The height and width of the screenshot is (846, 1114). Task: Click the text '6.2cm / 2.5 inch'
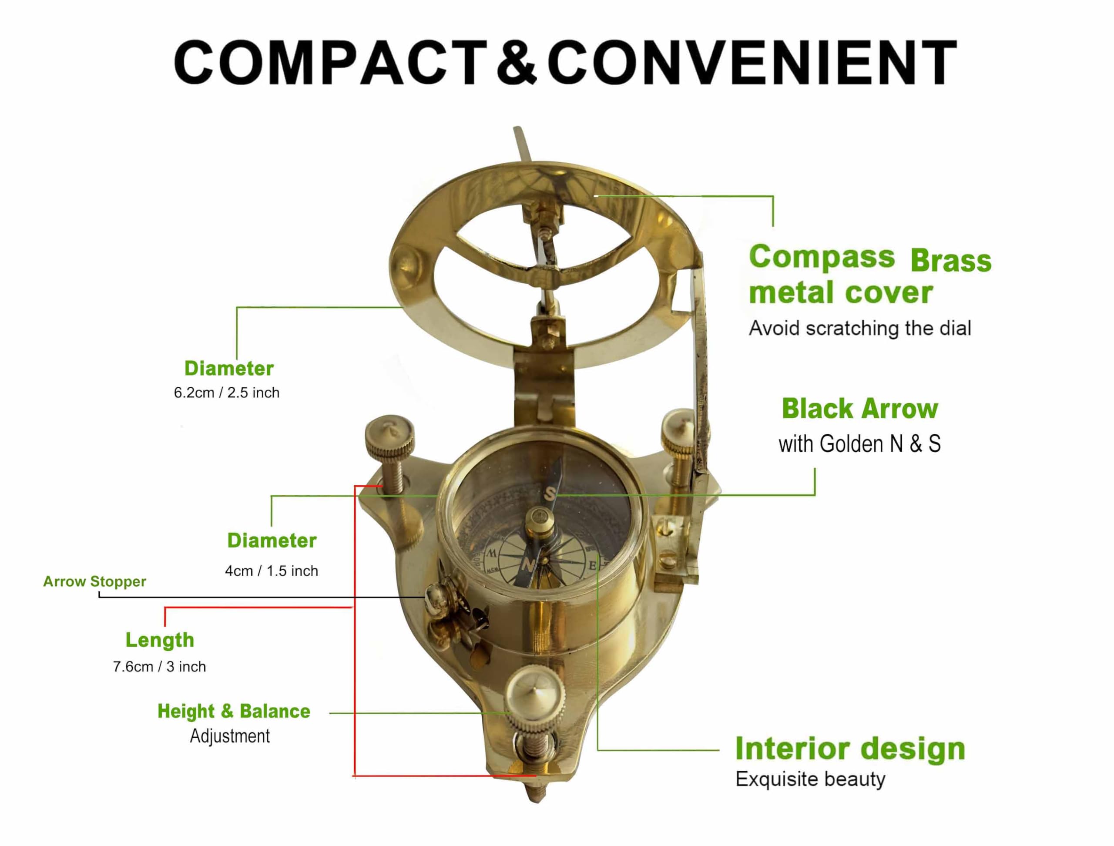[227, 393]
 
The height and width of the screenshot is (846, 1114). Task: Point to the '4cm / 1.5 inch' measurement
[272, 571]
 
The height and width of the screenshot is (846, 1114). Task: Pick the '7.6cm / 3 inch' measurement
[159, 667]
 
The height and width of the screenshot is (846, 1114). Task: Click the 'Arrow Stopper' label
[95, 581]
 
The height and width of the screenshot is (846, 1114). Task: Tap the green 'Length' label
[160, 640]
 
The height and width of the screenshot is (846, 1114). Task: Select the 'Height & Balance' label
[234, 712]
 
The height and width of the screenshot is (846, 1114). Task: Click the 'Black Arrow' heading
[860, 408]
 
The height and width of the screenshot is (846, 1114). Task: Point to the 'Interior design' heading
[850, 749]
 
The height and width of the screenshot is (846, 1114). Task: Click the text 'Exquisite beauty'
[810, 779]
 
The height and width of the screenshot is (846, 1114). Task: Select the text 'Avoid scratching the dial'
[860, 328]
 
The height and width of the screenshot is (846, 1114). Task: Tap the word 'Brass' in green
[951, 261]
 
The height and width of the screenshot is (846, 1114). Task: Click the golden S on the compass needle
[551, 493]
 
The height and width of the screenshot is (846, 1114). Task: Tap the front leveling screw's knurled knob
[535, 705]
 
